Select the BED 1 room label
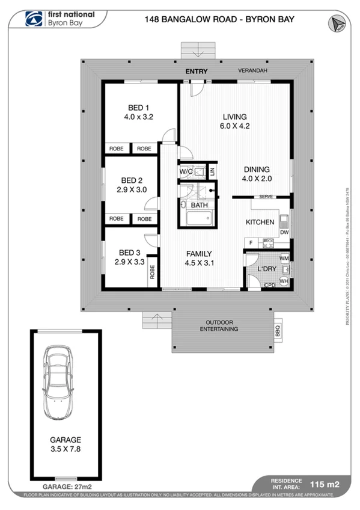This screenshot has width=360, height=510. (x=138, y=108)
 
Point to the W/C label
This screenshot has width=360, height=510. (x=186, y=171)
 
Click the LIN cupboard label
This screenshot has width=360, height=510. (x=212, y=171)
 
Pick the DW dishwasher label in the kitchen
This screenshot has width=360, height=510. (x=284, y=232)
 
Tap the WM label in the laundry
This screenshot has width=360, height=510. (x=284, y=258)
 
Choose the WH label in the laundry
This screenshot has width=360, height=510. (x=284, y=281)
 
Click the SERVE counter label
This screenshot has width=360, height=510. (x=267, y=197)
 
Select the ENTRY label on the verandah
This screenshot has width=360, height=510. (x=197, y=72)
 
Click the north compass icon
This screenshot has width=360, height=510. (x=335, y=22)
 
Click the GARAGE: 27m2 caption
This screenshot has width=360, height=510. (x=67, y=485)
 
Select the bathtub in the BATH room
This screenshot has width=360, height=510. (x=198, y=217)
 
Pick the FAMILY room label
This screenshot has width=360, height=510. (x=198, y=253)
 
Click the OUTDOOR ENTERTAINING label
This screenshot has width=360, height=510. (x=219, y=325)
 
